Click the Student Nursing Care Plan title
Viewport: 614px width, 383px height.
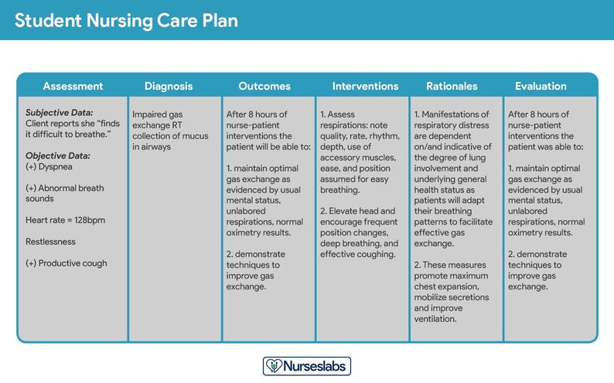click(x=127, y=20)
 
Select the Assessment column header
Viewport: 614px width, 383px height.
click(x=73, y=86)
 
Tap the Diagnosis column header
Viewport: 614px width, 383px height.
click(x=169, y=86)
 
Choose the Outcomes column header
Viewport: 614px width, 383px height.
click(x=264, y=86)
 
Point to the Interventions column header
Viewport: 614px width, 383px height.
click(x=365, y=86)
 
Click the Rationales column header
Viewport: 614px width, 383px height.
click(x=452, y=86)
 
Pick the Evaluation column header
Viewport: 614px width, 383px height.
click(x=541, y=86)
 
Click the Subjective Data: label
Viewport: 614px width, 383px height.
click(x=59, y=113)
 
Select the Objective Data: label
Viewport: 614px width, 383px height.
click(x=57, y=156)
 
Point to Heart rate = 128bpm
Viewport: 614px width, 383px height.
click(x=65, y=220)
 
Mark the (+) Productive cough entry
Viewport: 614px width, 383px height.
click(x=67, y=263)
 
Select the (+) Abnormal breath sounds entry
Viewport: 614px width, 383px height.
click(x=64, y=193)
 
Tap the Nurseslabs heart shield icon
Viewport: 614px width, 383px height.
click(x=274, y=365)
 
